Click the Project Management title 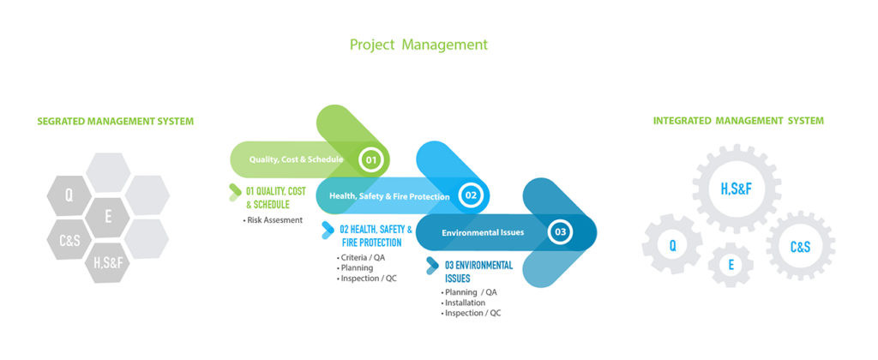click(418, 45)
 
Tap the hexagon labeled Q click(69, 195)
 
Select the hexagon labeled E click(107, 217)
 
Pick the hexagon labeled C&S click(69, 240)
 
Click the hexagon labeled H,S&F click(107, 262)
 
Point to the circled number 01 click(370, 160)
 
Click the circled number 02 click(471, 195)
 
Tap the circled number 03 click(560, 231)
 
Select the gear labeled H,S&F click(736, 189)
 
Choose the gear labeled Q click(672, 244)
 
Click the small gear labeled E click(731, 265)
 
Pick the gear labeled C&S click(800, 246)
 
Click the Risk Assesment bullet click(273, 220)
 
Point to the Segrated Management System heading click(116, 121)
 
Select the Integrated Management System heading click(738, 120)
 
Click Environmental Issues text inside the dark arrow click(483, 231)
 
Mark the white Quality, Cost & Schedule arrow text click(296, 159)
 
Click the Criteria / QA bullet click(361, 257)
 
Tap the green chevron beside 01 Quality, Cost click(235, 192)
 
